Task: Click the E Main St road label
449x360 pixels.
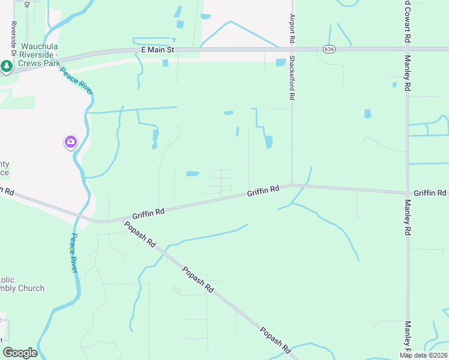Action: point(157,50)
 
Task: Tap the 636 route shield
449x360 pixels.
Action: point(328,49)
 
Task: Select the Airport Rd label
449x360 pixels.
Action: point(292,28)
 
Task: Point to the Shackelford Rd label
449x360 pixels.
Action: point(292,77)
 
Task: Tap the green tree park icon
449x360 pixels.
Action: point(7,66)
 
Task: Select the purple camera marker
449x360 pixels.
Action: point(71,142)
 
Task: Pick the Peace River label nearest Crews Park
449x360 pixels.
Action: point(75,80)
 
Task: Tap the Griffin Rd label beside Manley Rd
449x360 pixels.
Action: point(430,193)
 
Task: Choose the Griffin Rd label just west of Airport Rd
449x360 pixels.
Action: point(264,190)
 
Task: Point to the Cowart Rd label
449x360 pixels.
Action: point(407,21)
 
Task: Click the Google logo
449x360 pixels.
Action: point(20,353)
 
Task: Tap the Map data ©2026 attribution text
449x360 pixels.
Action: point(423,355)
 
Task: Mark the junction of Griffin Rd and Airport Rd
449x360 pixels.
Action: point(292,185)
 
